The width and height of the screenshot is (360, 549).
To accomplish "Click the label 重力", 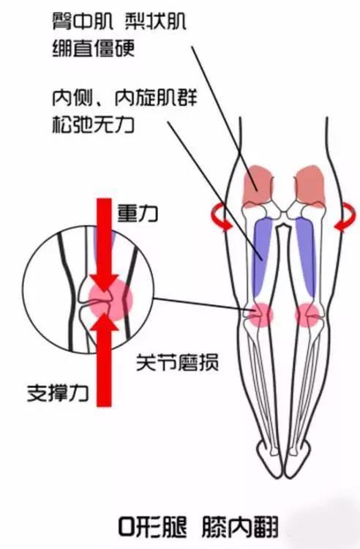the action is [x=137, y=214].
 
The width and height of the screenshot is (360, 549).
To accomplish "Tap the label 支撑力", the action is [x=58, y=392].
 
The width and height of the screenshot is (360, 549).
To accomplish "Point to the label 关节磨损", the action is [x=177, y=362].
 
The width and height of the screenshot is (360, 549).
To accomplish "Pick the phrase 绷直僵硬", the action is [x=94, y=48].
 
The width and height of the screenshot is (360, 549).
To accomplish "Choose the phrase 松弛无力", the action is [x=94, y=124].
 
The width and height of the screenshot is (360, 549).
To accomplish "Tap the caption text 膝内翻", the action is [x=240, y=527].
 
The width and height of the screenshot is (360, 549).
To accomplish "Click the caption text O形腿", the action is [x=152, y=527].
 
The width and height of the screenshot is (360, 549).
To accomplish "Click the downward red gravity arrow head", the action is [x=104, y=282].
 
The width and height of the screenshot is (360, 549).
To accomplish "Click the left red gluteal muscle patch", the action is [x=257, y=186].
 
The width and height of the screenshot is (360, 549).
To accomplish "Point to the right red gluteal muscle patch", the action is [x=310, y=186].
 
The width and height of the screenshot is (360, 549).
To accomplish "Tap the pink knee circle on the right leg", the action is [x=308, y=315].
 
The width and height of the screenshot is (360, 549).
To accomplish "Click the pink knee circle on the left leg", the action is [x=260, y=315].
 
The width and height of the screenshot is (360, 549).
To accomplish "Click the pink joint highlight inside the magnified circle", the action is [x=110, y=299].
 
